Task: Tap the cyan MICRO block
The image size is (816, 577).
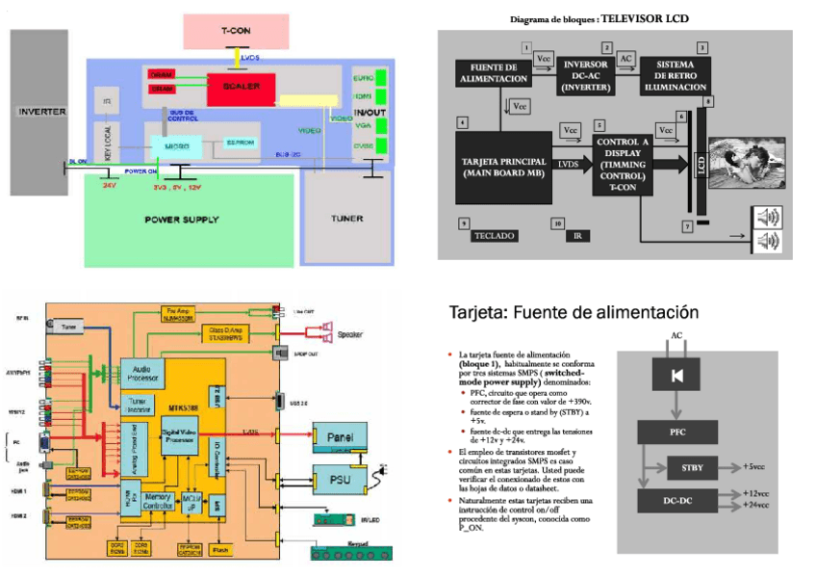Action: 176,145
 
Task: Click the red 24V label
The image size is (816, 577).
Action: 109,184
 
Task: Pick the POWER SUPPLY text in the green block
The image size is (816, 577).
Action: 182,220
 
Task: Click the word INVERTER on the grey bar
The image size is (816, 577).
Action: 42,112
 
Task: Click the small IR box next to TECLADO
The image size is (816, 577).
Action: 577,235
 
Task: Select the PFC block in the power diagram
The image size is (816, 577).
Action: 678,432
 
